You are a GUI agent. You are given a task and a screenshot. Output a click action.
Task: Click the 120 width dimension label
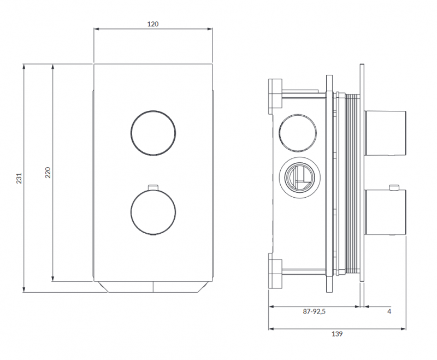pos(153,24)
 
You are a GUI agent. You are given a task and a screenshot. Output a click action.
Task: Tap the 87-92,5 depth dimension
pos(314,311)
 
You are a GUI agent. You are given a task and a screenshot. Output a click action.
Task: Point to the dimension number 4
pos(389,311)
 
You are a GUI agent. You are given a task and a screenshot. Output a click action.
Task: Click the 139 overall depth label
pos(337,334)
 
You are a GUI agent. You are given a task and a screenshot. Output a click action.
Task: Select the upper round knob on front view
pos(153,133)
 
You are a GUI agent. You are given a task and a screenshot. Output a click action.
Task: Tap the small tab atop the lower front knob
pos(153,187)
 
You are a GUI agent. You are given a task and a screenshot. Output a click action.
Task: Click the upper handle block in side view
pos(386,133)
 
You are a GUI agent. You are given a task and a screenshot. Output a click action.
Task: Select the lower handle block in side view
pos(386,212)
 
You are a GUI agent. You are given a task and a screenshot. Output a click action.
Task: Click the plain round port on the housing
pos(298,132)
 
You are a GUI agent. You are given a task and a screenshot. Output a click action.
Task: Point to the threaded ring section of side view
pos(353,183)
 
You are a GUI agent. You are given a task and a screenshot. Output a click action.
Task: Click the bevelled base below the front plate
pos(153,287)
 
